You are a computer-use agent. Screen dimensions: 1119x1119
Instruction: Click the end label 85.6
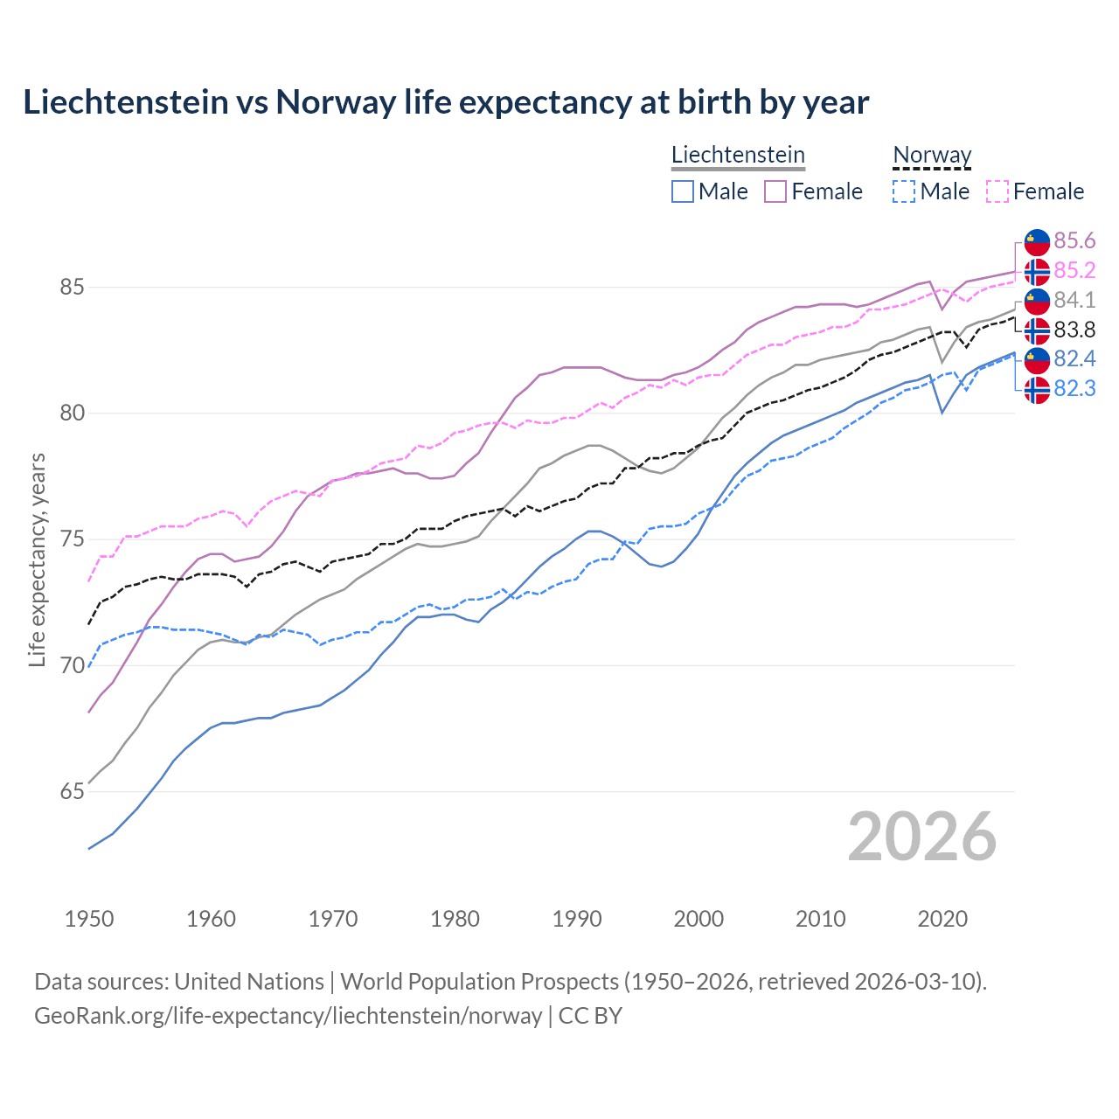tap(1074, 240)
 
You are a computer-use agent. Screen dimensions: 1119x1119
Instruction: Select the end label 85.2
tap(1074, 270)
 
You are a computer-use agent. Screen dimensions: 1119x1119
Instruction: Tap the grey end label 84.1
tap(1074, 300)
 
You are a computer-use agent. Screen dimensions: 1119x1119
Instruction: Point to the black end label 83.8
tap(1074, 330)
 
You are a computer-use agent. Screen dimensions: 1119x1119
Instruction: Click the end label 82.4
tap(1074, 358)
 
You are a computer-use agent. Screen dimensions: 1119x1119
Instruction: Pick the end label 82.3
tap(1074, 388)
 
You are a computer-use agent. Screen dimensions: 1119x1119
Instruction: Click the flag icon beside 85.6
tap(1037, 240)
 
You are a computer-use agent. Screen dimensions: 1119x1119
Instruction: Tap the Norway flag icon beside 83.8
tap(1037, 330)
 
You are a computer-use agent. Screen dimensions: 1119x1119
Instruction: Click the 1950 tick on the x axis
tap(89, 919)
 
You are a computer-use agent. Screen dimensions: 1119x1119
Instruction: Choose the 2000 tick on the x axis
tap(699, 919)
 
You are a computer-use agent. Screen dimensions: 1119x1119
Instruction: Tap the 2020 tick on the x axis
tap(942, 919)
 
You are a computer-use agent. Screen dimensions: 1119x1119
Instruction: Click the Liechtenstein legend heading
tap(738, 155)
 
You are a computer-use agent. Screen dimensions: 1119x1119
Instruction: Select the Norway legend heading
tap(932, 155)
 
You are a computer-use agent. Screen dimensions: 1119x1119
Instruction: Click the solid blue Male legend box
tap(683, 191)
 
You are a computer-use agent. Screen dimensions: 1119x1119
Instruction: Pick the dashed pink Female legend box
tap(997, 191)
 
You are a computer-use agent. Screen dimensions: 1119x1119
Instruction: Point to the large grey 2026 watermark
tap(921, 837)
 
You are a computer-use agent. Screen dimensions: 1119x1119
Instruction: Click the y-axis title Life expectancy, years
tap(37, 559)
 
